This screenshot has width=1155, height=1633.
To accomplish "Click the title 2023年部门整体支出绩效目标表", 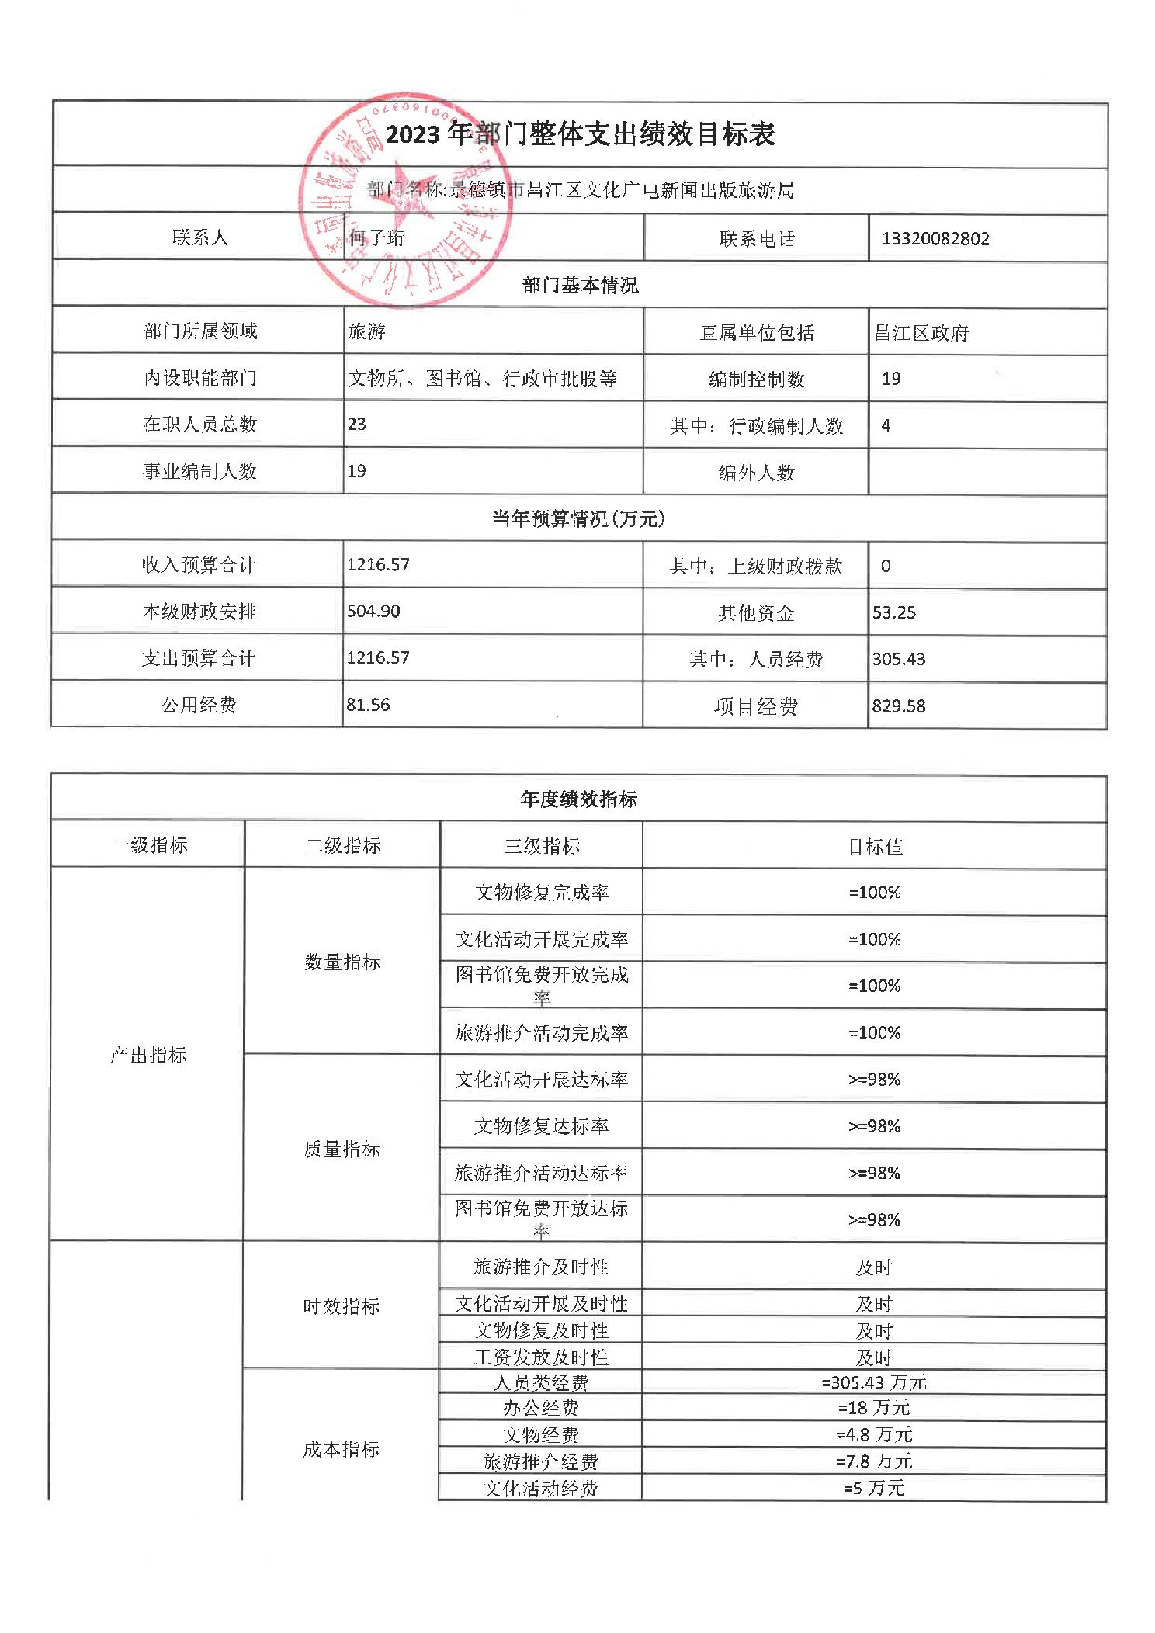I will (581, 134).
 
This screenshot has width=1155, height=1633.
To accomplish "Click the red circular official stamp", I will (406, 199).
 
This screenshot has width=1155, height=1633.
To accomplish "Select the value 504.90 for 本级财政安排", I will (373, 612).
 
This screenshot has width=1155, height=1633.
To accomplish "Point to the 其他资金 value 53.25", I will (893, 612).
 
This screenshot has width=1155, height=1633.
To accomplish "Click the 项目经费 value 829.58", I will (898, 706).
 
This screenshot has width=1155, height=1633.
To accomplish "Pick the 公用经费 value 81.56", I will (368, 705).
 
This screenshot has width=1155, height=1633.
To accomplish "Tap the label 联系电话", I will (757, 239).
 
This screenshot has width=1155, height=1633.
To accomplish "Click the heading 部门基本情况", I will (580, 285).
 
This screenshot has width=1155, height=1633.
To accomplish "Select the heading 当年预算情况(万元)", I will (578, 518).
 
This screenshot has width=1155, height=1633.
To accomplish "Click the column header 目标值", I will (875, 846).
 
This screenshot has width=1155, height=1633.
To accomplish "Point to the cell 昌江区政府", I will (921, 333).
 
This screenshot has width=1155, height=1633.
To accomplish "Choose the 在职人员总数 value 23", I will (357, 425).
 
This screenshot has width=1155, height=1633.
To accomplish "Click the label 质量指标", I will (342, 1149).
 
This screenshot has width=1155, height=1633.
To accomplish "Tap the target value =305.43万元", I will (874, 1382).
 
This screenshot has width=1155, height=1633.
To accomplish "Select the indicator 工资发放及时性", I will (541, 1357).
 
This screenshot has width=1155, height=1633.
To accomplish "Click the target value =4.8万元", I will (874, 1434).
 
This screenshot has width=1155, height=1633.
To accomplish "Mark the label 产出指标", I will (148, 1055).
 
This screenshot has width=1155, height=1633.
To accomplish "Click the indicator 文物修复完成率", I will (541, 893).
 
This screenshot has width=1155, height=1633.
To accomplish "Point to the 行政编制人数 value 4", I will (886, 425).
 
